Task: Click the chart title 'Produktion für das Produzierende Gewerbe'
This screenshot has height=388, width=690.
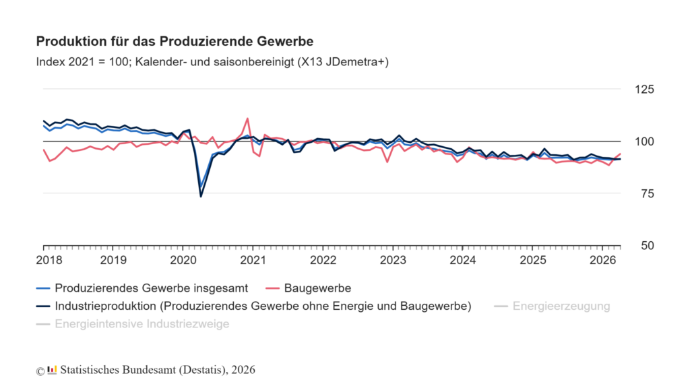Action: click(x=175, y=41)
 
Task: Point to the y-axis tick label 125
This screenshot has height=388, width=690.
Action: click(x=644, y=90)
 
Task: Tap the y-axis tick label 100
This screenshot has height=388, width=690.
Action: click(x=644, y=141)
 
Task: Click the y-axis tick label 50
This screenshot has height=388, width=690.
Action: click(x=648, y=245)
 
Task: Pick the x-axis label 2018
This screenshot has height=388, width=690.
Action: click(x=49, y=260)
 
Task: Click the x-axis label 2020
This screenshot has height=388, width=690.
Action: click(x=183, y=260)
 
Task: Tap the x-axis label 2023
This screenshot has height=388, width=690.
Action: click(x=393, y=260)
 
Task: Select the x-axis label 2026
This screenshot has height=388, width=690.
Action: click(x=602, y=260)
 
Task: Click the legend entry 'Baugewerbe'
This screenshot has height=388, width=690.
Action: click(x=317, y=288)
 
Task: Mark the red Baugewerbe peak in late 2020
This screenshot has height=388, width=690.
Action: click(x=247, y=119)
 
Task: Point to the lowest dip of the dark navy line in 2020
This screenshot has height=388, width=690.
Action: click(x=201, y=196)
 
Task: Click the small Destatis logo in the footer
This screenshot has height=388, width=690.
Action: click(x=52, y=370)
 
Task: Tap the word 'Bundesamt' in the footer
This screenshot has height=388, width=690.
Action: click(x=151, y=370)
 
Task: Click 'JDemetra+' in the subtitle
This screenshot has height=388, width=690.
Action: click(x=357, y=62)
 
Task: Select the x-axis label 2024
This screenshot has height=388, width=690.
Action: click(x=462, y=260)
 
